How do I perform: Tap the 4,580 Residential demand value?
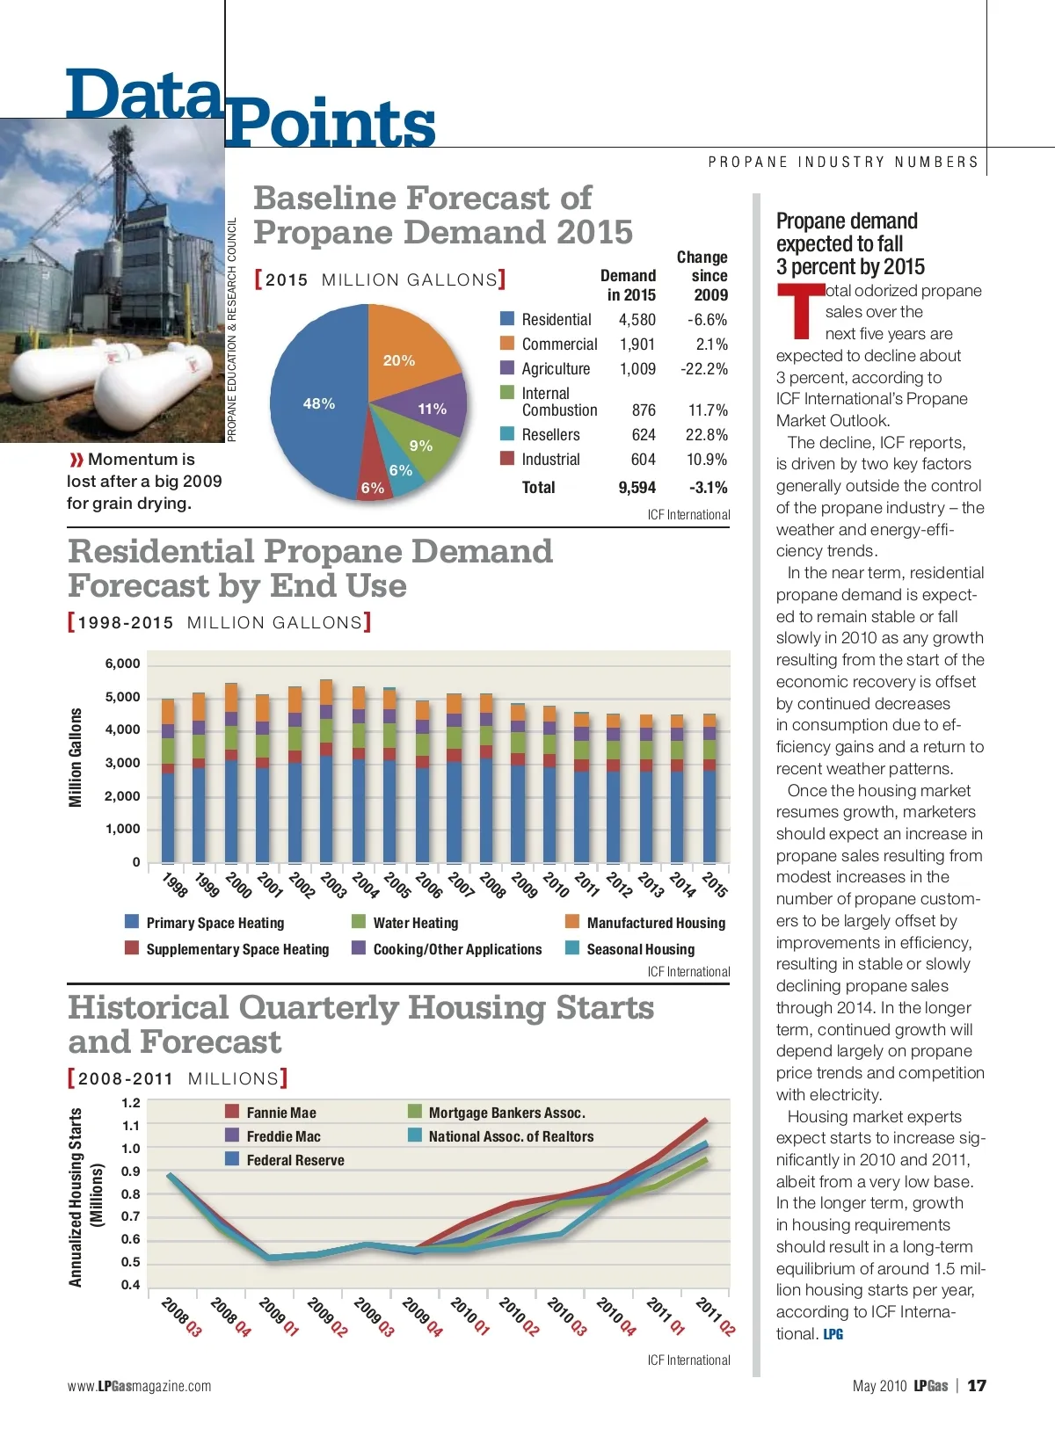pos(637,320)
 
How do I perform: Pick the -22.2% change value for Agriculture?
pos(703,369)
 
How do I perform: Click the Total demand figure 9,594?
pos(637,488)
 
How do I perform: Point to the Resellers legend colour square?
pos(507,434)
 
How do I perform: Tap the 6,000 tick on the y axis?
pos(122,664)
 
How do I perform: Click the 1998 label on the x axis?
pos(175,884)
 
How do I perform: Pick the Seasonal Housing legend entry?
pos(640,949)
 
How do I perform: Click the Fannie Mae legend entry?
pos(280,1113)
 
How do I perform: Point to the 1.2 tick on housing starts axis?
pos(131,1103)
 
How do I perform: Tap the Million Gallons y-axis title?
pos(76,758)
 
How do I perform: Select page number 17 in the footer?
pos(977,1386)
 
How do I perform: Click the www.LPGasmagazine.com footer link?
pos(139,1387)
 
